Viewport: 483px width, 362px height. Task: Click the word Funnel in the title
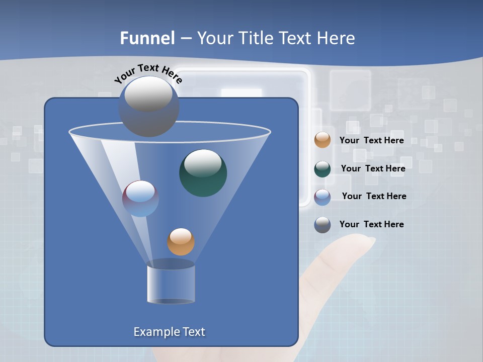pyautogui.click(x=147, y=38)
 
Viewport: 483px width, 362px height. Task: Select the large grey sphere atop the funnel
pyautogui.click(x=148, y=106)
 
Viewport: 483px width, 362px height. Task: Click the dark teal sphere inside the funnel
pyautogui.click(x=203, y=173)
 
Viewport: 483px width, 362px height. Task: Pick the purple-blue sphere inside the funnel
pyautogui.click(x=141, y=199)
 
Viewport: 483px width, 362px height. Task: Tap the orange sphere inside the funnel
pyautogui.click(x=181, y=242)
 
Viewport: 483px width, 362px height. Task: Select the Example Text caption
pyautogui.click(x=170, y=332)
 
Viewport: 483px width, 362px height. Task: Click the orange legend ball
pyautogui.click(x=323, y=140)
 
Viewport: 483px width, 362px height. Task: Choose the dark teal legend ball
pyautogui.click(x=323, y=169)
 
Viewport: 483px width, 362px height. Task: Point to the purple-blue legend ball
pyautogui.click(x=323, y=197)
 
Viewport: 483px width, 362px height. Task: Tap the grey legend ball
pyautogui.click(x=323, y=225)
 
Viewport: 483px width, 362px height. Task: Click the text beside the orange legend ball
pyautogui.click(x=371, y=141)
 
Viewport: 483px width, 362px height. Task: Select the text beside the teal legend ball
pyautogui.click(x=373, y=168)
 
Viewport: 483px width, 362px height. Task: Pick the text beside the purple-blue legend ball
pyautogui.click(x=374, y=196)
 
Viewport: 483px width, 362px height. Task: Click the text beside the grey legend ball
pyautogui.click(x=371, y=224)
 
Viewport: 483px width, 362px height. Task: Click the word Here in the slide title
pyautogui.click(x=336, y=38)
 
